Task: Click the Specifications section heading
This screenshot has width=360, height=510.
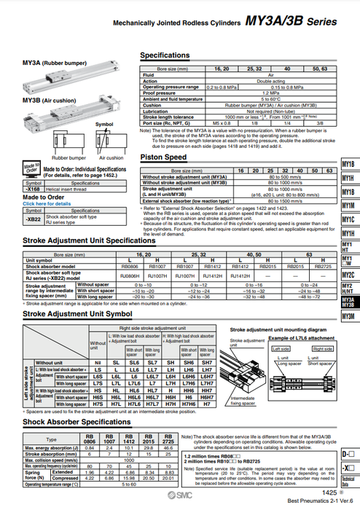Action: click(x=165, y=55)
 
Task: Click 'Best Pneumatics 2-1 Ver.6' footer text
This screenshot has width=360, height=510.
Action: click(x=318, y=501)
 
